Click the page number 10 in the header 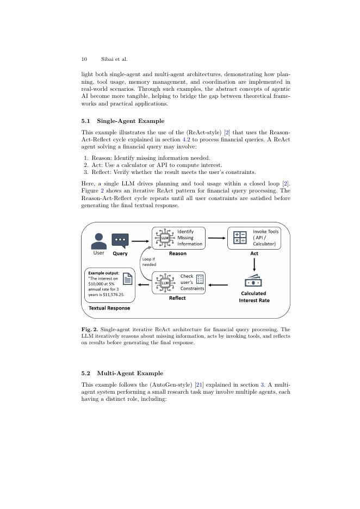coord(84,59)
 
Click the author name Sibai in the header coord(107,59)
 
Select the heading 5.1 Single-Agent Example coord(123,121)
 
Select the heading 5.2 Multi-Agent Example coord(122,373)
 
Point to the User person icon coord(98,240)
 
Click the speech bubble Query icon coord(120,240)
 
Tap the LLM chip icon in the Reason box coord(165,238)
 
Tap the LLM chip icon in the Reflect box coord(165,282)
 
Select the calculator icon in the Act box coord(240,238)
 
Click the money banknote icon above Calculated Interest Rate coord(253,282)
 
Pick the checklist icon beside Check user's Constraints coord(200,280)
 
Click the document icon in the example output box coord(128,279)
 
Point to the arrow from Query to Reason coord(140,240)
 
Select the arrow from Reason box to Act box coord(217,238)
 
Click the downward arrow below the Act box coord(254,265)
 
